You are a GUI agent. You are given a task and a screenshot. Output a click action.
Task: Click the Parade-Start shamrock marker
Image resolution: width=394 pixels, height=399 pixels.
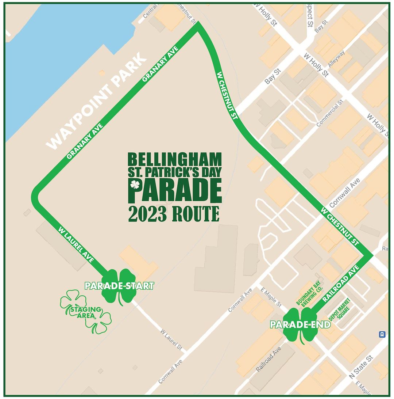pyautogui.click(x=119, y=286)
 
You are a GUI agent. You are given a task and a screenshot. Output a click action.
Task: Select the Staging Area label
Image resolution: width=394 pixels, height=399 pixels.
pyautogui.click(x=85, y=313)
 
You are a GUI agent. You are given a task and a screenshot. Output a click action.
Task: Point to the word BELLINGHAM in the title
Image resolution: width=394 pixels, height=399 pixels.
pyautogui.click(x=175, y=159)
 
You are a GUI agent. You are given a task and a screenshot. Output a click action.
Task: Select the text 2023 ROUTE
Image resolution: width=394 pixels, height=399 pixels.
pyautogui.click(x=174, y=214)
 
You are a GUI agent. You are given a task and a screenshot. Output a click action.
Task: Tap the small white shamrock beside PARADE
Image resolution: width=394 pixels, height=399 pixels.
pyautogui.click(x=135, y=185)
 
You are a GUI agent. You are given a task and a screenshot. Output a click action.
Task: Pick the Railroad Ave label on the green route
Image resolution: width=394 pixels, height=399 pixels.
pyautogui.click(x=341, y=283)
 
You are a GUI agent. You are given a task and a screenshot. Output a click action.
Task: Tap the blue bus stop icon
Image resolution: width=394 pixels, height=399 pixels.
pyautogui.click(x=382, y=334)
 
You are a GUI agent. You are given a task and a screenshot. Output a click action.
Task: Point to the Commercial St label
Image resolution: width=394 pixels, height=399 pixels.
pyautogui.click(x=330, y=113)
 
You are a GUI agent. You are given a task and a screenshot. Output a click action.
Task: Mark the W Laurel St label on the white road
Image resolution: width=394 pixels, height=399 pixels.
pyautogui.click(x=171, y=339)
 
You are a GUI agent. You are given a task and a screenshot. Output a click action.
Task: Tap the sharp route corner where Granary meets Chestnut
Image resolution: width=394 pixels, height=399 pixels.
pyautogui.click(x=198, y=26)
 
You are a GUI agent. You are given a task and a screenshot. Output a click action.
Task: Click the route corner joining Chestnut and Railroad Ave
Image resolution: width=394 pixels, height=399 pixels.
pyautogui.click(x=371, y=256)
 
